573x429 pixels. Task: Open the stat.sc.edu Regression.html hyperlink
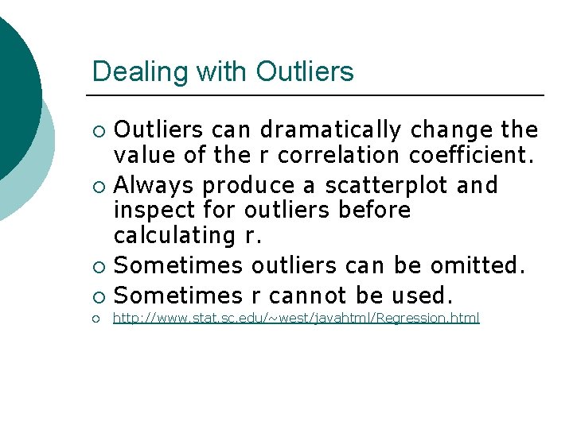[296, 319]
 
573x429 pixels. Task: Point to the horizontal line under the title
[318, 95]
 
